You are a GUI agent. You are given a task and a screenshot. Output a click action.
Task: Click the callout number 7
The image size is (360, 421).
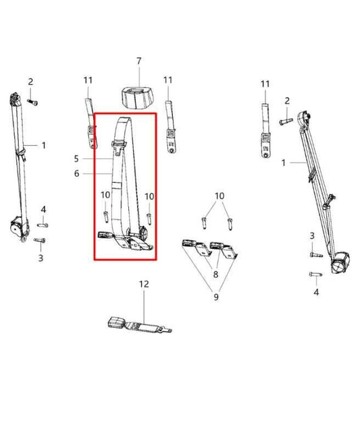[x=139, y=61]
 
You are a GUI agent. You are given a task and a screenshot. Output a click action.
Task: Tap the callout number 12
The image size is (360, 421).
[x=143, y=285]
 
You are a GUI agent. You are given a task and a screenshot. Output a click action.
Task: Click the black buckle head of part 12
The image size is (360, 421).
[x=118, y=322]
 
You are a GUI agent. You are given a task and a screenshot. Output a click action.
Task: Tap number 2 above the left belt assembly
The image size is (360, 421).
[x=30, y=82]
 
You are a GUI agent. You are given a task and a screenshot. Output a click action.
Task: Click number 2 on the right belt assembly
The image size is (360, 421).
[x=287, y=101]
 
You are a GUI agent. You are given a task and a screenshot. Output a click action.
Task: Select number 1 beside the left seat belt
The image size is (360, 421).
[x=44, y=145]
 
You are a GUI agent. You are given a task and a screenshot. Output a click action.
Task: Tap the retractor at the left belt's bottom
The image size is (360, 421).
[x=19, y=227]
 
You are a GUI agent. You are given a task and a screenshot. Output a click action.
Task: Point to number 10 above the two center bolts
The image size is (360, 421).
[x=218, y=196]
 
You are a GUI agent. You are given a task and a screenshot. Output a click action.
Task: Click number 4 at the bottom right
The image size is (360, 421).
[x=315, y=292]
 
